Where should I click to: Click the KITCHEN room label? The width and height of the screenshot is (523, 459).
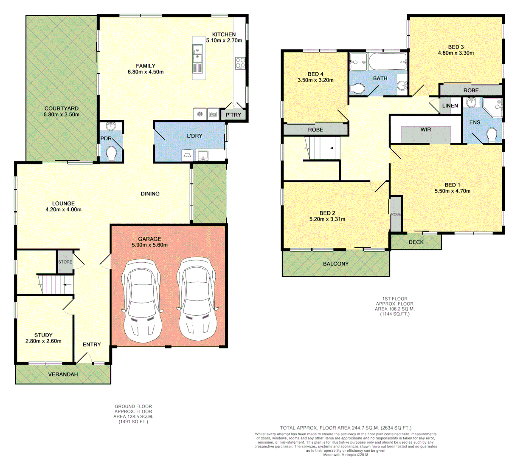click(x=224, y=34)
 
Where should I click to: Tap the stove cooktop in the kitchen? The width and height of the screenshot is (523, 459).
click(x=240, y=63)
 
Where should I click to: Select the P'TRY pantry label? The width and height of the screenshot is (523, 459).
click(x=233, y=115)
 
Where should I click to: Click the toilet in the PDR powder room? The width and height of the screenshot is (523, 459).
click(x=112, y=154)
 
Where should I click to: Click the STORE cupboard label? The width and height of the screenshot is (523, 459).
click(x=65, y=262)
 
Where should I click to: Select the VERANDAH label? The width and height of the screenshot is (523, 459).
click(x=63, y=374)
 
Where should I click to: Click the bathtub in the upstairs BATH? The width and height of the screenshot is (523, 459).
click(x=388, y=62)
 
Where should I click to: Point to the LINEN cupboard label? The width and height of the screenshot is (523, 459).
click(x=450, y=105)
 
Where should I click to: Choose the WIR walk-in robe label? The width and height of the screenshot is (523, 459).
click(x=426, y=129)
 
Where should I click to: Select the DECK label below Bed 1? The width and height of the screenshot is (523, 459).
click(x=416, y=242)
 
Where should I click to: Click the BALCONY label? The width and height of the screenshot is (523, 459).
click(x=336, y=264)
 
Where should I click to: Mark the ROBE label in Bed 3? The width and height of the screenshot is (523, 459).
click(x=471, y=90)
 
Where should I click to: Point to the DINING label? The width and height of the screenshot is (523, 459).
click(x=150, y=193)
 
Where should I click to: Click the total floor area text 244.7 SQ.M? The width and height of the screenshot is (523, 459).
click(x=345, y=428)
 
